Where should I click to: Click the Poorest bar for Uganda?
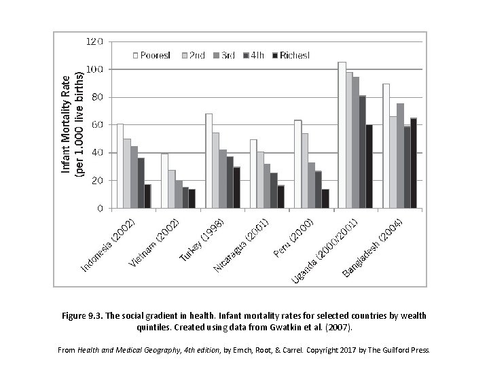click(x=342, y=135)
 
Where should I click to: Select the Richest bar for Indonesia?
click(x=147, y=196)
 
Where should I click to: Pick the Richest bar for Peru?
click(x=325, y=198)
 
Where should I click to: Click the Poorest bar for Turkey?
click(x=209, y=161)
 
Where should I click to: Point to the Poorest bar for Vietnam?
click(x=164, y=181)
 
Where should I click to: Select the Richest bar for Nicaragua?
click(x=280, y=196)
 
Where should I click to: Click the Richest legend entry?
click(x=290, y=54)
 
